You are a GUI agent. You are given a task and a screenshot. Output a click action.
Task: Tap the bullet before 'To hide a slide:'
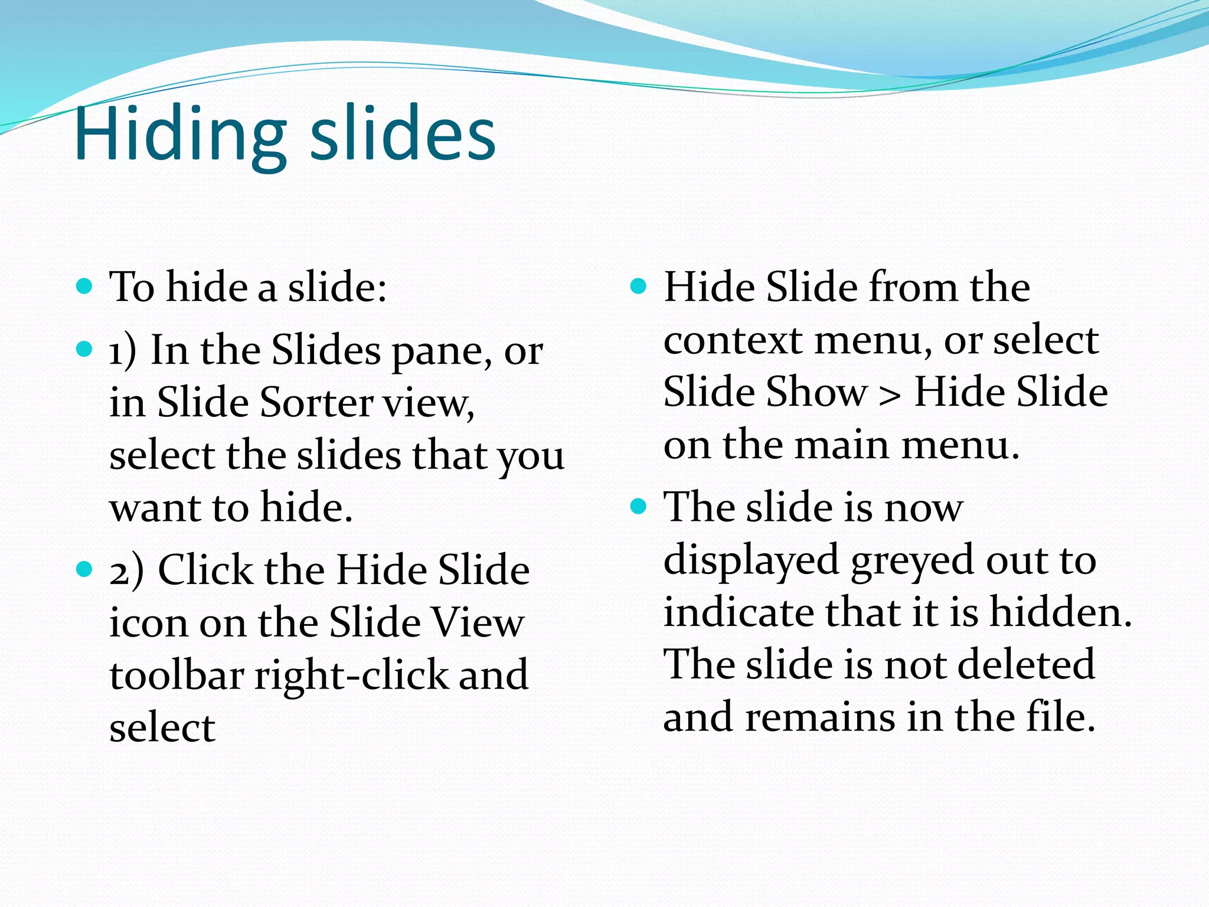[85, 287]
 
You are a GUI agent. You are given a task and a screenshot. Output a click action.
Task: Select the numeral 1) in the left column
[123, 351]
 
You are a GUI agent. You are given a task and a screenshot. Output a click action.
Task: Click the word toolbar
[177, 676]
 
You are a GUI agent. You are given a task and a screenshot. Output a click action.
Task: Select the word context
[732, 341]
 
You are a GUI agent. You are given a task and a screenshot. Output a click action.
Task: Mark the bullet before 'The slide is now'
[638, 507]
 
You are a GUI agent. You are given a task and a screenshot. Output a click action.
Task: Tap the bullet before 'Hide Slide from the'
[638, 287]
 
